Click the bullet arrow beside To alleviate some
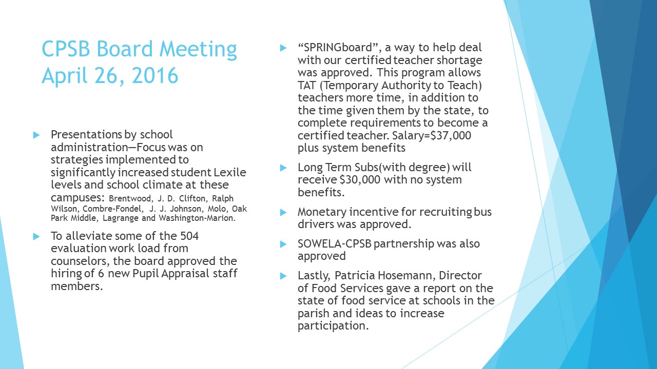coord(36,236)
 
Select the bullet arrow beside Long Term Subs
coord(283,168)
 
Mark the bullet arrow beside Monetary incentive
coord(283,212)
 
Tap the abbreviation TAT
coord(306,85)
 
